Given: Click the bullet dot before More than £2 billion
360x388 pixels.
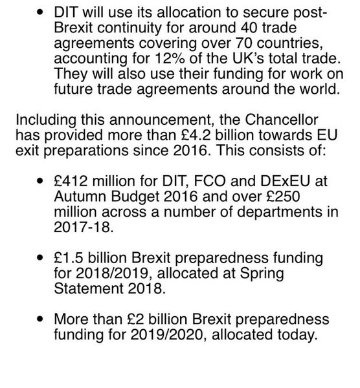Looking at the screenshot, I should coord(42,320).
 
